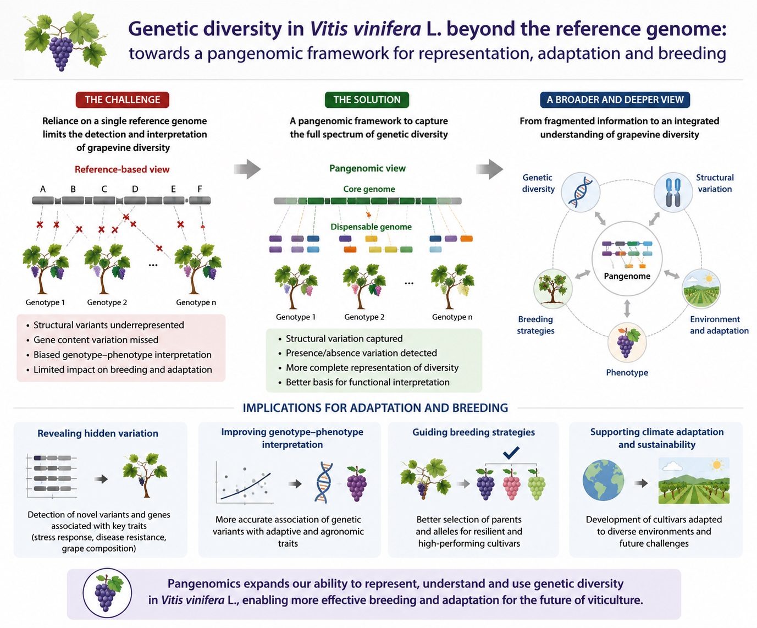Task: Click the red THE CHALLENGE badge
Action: [122, 100]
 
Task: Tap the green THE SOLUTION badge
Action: [367, 100]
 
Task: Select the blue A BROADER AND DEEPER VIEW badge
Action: [615, 100]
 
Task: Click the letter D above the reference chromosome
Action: [135, 189]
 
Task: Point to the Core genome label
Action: [369, 189]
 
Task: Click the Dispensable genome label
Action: [371, 227]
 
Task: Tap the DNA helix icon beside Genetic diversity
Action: [581, 192]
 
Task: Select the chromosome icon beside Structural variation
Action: [673, 192]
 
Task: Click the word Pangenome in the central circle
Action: [627, 276]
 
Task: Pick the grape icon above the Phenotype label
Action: [627, 342]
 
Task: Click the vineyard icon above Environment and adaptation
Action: [701, 289]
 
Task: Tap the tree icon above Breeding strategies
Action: [553, 289]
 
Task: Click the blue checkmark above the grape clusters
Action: [511, 453]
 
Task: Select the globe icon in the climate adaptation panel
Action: [603, 480]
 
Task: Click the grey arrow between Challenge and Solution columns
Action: [247, 169]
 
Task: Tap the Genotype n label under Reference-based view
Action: [196, 302]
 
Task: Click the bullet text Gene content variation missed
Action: [96, 340]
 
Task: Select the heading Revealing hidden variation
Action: [98, 433]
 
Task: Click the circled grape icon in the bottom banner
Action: [107, 593]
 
